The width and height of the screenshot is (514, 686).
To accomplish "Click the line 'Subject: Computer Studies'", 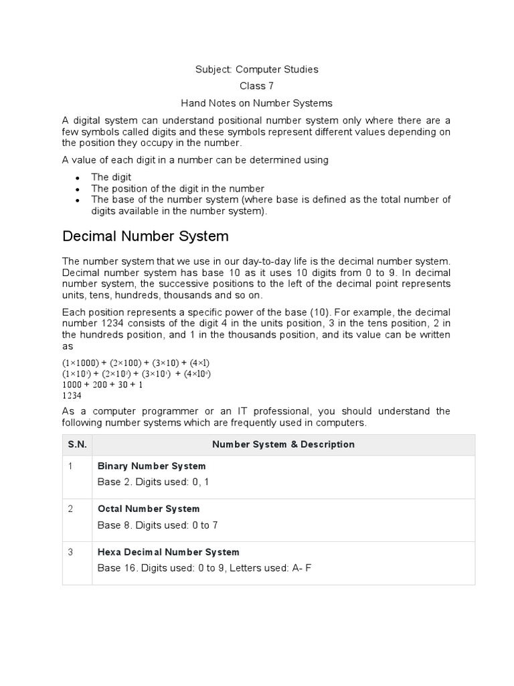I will [256, 69].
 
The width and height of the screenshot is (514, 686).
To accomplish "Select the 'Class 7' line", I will [256, 86].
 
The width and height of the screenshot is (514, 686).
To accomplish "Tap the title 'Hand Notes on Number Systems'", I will [256, 103].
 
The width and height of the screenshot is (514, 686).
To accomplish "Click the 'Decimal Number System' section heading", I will [145, 236].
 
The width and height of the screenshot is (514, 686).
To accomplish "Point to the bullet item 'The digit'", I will [111, 177].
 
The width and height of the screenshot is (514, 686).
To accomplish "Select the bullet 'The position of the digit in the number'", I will [177, 188].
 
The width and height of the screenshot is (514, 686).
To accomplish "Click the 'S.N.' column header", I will [76, 444].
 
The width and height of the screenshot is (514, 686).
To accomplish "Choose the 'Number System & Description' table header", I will [283, 444].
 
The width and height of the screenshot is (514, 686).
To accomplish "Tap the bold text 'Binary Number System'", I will [152, 466].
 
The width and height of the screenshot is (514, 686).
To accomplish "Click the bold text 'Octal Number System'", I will [149, 508].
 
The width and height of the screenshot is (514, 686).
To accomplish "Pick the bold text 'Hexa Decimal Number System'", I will [168, 552].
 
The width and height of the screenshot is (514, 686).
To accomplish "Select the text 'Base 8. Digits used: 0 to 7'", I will [158, 525].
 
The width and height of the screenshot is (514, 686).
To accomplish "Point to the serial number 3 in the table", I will [70, 552].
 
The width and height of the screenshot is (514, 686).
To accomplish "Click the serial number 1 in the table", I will [70, 466].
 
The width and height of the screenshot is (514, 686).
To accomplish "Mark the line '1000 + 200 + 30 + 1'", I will [102, 385].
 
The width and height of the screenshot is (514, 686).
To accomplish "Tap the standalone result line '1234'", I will [73, 395].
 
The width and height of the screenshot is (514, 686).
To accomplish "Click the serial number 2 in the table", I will [70, 508].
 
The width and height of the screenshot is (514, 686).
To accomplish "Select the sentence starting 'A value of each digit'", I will [195, 159].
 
